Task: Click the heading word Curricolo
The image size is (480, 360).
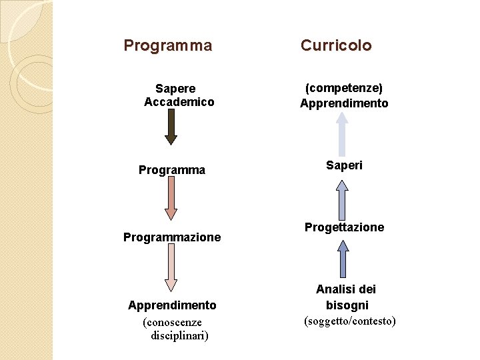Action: [x=336, y=45]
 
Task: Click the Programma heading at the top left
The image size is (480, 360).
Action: [x=168, y=45]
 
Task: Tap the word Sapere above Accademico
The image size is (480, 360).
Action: [x=175, y=89]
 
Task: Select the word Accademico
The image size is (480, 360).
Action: [x=179, y=102]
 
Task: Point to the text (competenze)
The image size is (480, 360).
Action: [x=344, y=88]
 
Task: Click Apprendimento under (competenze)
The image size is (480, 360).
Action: [x=344, y=103]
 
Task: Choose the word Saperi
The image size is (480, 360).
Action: [x=344, y=165]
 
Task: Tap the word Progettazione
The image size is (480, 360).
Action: [x=344, y=227]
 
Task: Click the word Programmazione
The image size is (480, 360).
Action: [x=172, y=237]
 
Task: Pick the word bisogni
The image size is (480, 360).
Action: [x=347, y=305]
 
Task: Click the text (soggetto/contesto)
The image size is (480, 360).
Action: [x=350, y=321]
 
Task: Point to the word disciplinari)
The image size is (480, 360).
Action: [x=180, y=335]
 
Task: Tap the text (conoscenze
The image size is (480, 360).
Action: [x=172, y=323]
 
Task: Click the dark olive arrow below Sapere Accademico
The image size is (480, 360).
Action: [x=171, y=127]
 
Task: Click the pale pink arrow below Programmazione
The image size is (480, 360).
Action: [x=171, y=267]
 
